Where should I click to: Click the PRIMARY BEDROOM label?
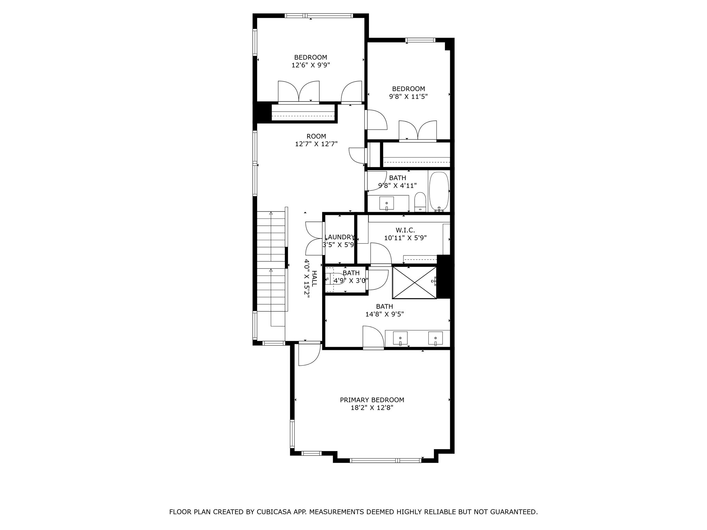(x=372, y=400)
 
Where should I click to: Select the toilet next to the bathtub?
(x=420, y=202)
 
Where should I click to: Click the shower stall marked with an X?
(x=415, y=282)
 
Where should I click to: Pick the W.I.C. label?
(x=405, y=230)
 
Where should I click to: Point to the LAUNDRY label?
(x=340, y=237)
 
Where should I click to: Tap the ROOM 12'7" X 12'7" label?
(x=316, y=140)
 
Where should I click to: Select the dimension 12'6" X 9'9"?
(x=311, y=65)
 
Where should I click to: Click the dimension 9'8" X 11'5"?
(x=408, y=97)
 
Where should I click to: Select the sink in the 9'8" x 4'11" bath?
(x=387, y=203)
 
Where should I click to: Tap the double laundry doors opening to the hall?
(x=314, y=238)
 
